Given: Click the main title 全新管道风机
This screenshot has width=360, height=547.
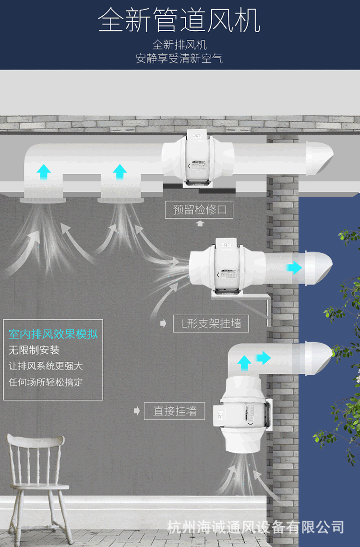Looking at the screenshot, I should [180, 21].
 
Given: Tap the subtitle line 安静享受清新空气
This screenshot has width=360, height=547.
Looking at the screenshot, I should [180, 59].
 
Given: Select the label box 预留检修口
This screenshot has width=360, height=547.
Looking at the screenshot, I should [199, 210].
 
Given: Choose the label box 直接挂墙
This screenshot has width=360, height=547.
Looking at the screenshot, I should [175, 411].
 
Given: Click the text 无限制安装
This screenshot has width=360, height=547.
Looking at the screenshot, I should [34, 350].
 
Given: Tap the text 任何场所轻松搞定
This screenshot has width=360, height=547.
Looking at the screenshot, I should [46, 382].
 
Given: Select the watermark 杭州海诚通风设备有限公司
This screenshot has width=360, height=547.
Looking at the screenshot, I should [256, 527].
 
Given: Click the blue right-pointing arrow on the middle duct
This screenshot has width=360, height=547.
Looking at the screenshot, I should [293, 268].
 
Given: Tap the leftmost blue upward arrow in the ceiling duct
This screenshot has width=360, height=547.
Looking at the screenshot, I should [44, 170].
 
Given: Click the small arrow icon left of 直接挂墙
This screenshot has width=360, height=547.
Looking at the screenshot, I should [136, 411].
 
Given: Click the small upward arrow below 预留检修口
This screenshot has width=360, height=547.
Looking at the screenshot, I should [200, 223].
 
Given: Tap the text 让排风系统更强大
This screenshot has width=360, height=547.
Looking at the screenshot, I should [46, 366].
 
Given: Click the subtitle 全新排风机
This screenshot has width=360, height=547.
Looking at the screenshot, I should [180, 45].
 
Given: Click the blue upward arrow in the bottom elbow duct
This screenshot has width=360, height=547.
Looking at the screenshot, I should [244, 362].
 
